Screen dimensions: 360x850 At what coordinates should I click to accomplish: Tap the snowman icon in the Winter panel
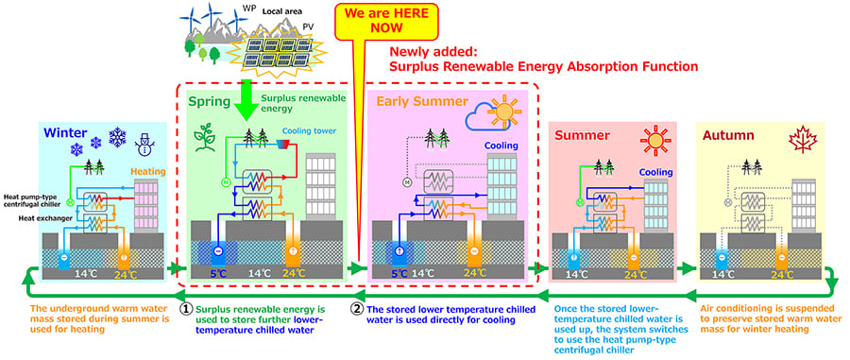tap(144, 144)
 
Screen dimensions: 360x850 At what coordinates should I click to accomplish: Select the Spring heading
tap(209, 101)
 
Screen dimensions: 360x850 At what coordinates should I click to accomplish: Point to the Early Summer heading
tap(422, 101)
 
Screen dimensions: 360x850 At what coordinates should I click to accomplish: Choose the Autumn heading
tap(728, 135)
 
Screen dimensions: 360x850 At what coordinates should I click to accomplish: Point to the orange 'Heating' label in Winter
tap(147, 171)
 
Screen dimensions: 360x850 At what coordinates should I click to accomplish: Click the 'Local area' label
tap(267, 11)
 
